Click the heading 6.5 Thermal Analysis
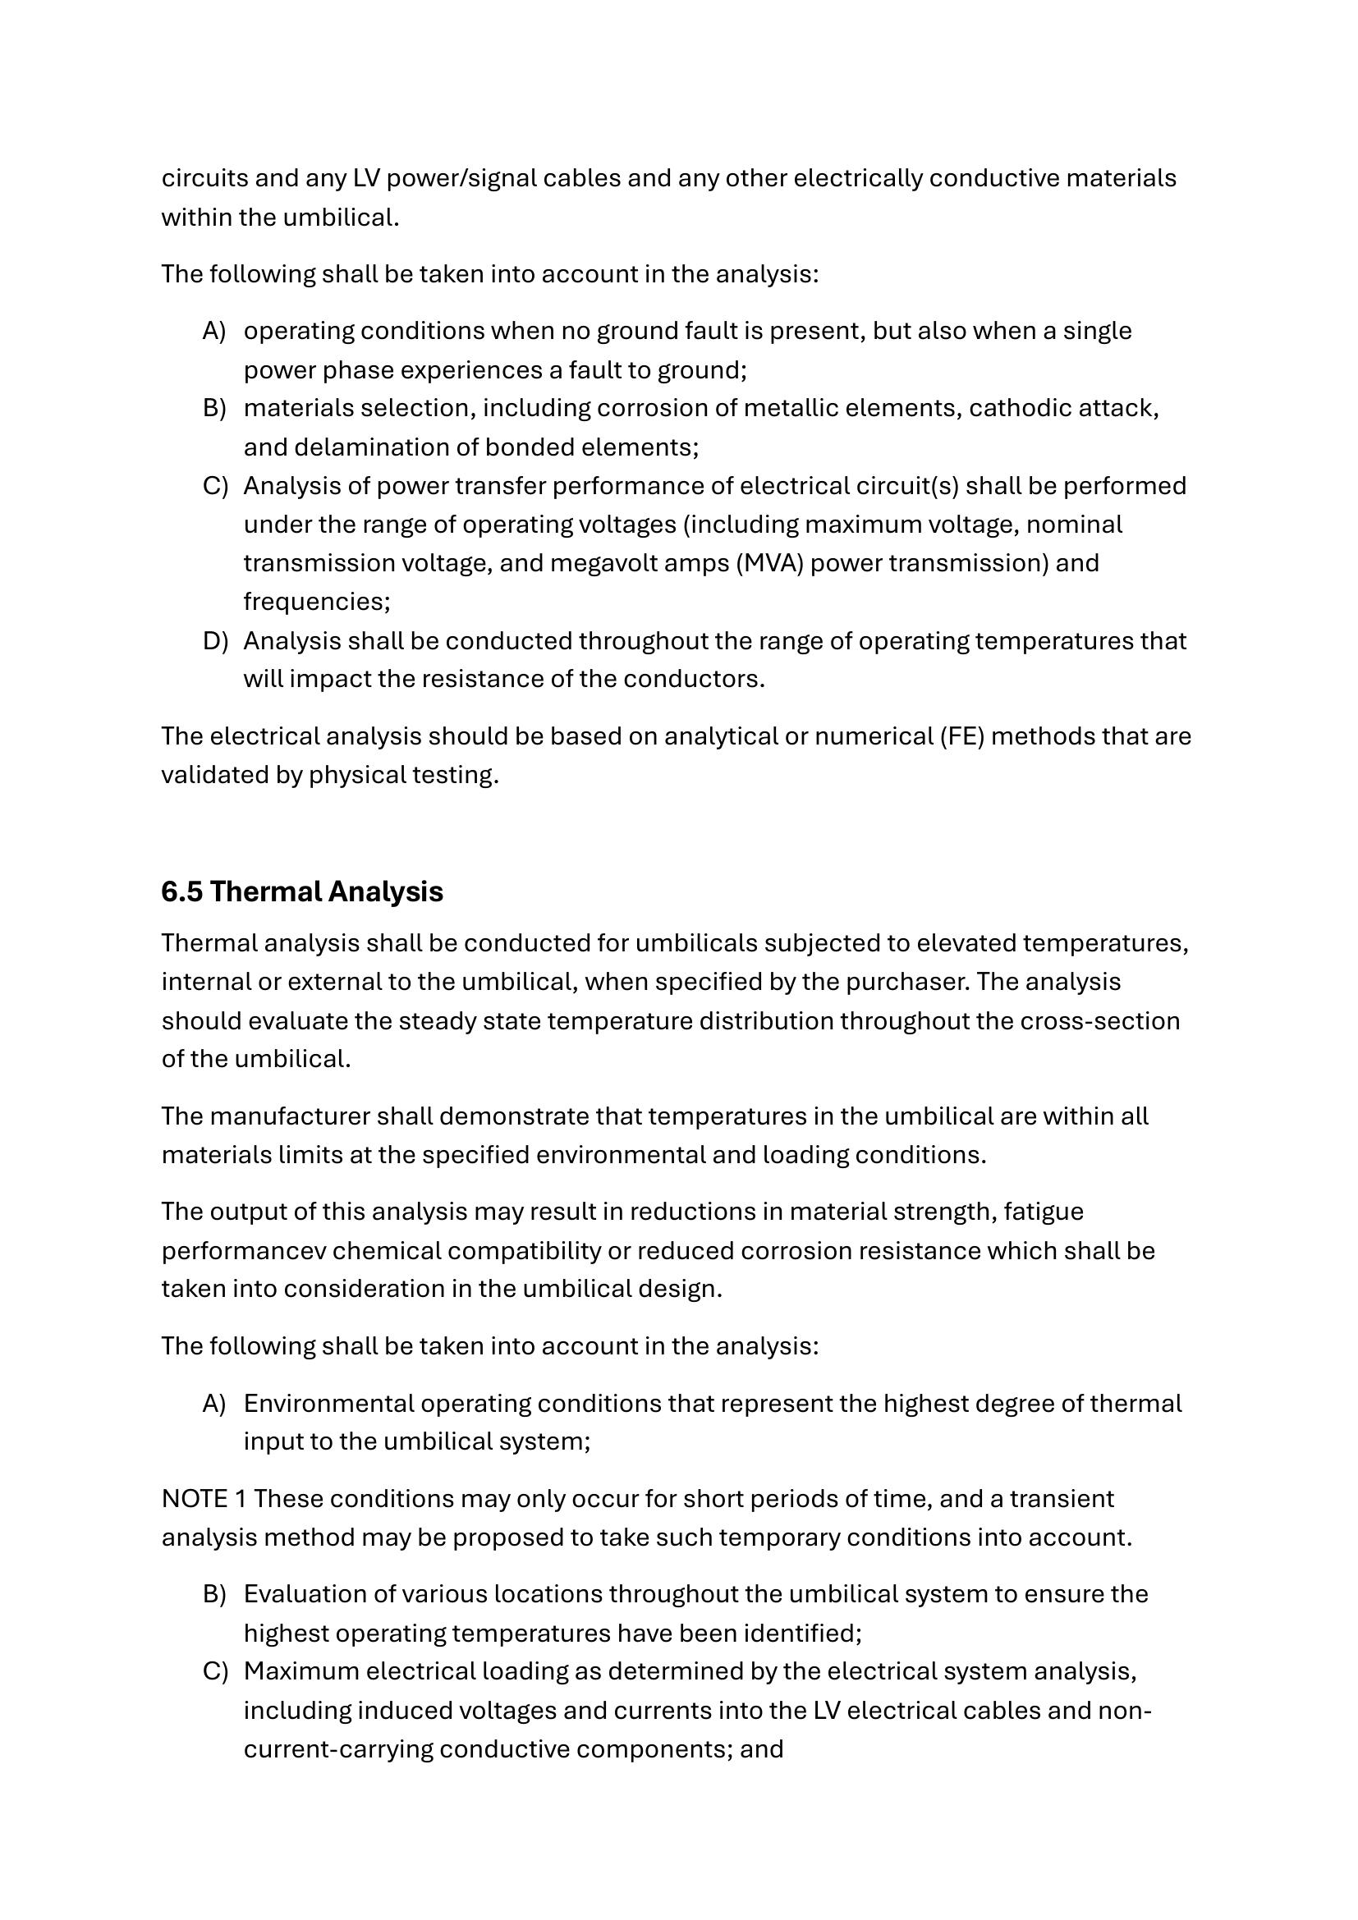pyautogui.click(x=302, y=891)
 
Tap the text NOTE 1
pyautogui.click(x=204, y=1499)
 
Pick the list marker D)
pyautogui.click(x=215, y=640)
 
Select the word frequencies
pyautogui.click(x=316, y=601)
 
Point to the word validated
pyautogui.click(x=214, y=775)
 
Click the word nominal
pyautogui.click(x=1074, y=525)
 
